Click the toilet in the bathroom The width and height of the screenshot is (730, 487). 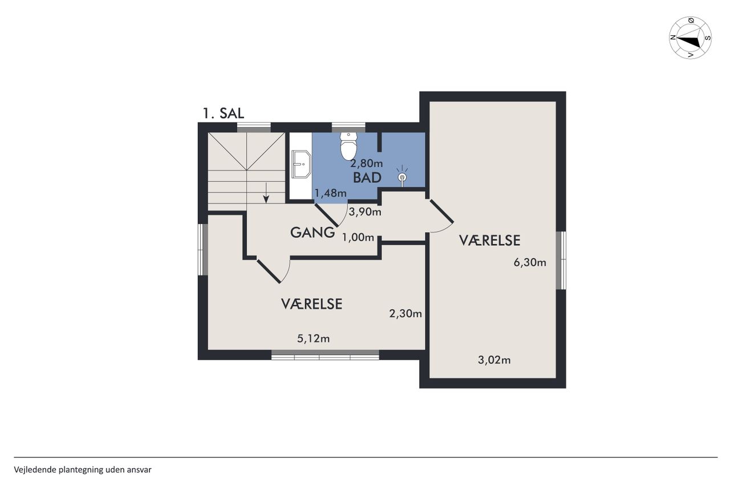coord(348,146)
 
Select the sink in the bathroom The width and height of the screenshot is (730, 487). coord(301,164)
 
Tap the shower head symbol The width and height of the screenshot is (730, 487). coord(402,176)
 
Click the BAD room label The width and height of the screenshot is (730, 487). coord(367,178)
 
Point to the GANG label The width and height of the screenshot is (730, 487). coord(312,233)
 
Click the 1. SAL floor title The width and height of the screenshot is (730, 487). coord(223,113)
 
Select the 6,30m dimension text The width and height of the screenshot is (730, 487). coord(530,262)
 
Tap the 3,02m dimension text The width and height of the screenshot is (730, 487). coord(494,360)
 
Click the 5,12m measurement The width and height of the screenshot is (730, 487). coord(313,339)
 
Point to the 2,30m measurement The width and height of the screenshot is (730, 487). coord(405,314)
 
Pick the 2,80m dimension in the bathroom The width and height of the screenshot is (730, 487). coord(366,163)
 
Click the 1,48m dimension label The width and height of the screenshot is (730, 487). coord(330,193)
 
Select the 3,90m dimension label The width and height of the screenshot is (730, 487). coord(364,212)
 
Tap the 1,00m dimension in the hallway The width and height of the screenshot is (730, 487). coord(358,237)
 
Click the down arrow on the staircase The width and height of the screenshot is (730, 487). coord(266,193)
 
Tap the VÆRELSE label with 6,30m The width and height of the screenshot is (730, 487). coord(489,241)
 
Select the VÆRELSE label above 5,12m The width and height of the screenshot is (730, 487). coord(311,304)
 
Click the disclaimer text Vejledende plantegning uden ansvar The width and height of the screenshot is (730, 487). coord(83,470)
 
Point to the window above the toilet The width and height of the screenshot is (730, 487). coord(348,127)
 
